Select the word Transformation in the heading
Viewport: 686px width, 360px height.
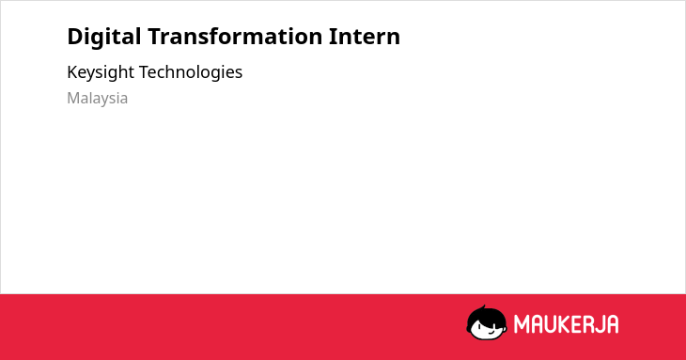point(235,36)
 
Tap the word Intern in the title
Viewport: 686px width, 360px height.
point(365,37)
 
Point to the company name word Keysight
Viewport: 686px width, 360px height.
point(101,72)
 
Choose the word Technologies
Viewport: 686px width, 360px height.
point(191,72)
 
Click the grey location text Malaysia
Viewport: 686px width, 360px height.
point(98,99)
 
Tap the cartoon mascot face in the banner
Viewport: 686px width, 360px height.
point(487,322)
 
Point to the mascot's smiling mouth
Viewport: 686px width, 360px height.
point(491,332)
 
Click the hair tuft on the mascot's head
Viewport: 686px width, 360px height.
point(483,307)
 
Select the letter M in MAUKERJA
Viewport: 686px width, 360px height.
point(522,324)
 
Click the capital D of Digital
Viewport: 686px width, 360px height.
point(75,37)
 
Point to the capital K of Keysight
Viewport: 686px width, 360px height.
point(72,72)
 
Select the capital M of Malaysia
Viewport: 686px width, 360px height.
point(73,98)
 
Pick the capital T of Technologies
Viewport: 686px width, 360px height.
point(145,72)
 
